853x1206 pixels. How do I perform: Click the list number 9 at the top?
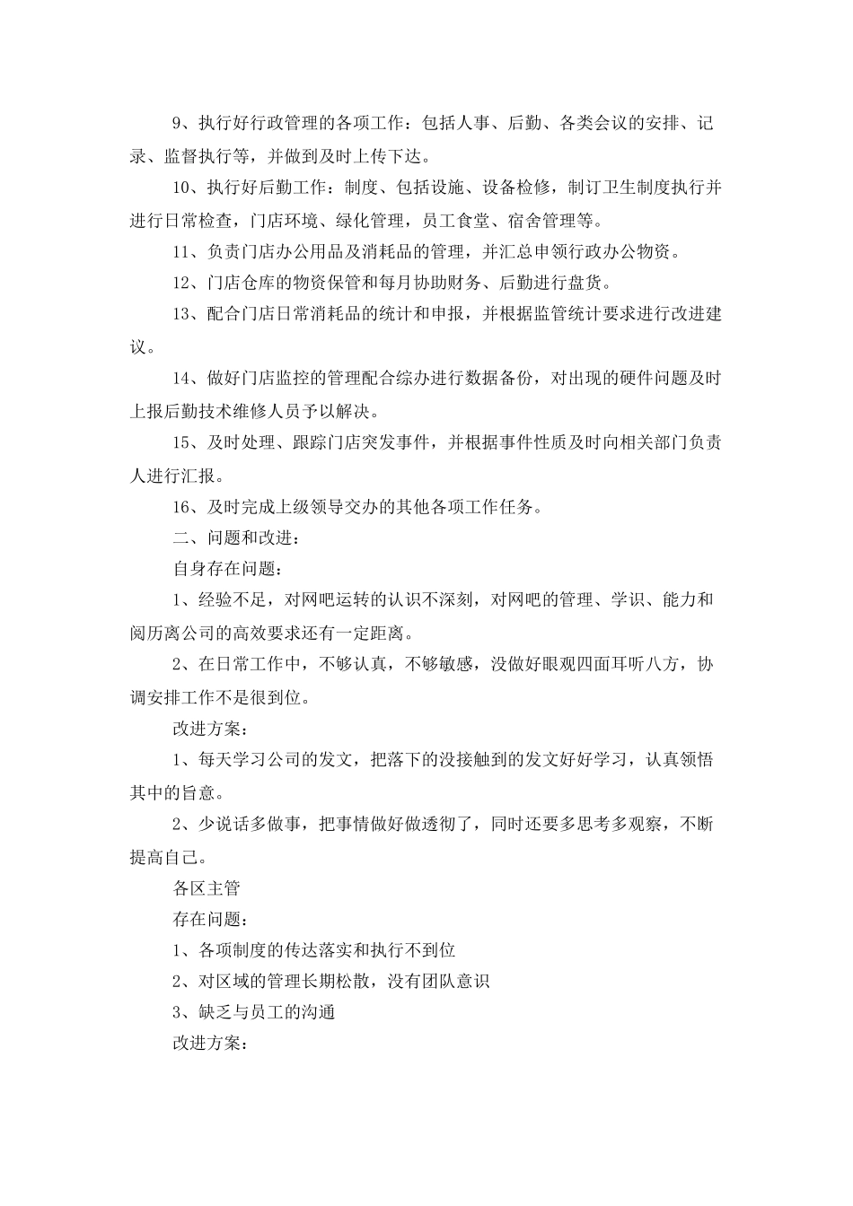click(x=178, y=124)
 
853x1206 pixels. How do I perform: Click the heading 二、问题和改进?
click(x=232, y=538)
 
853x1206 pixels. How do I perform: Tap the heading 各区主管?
click(x=207, y=888)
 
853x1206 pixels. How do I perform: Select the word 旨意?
click(x=199, y=792)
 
